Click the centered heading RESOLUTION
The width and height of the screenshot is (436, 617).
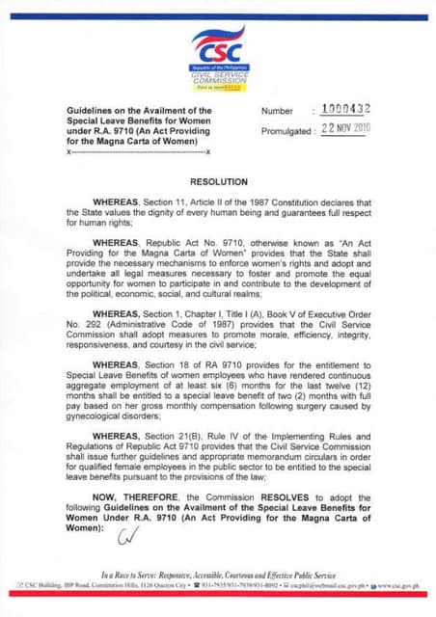click(219, 181)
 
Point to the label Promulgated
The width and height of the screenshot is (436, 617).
click(284, 131)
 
